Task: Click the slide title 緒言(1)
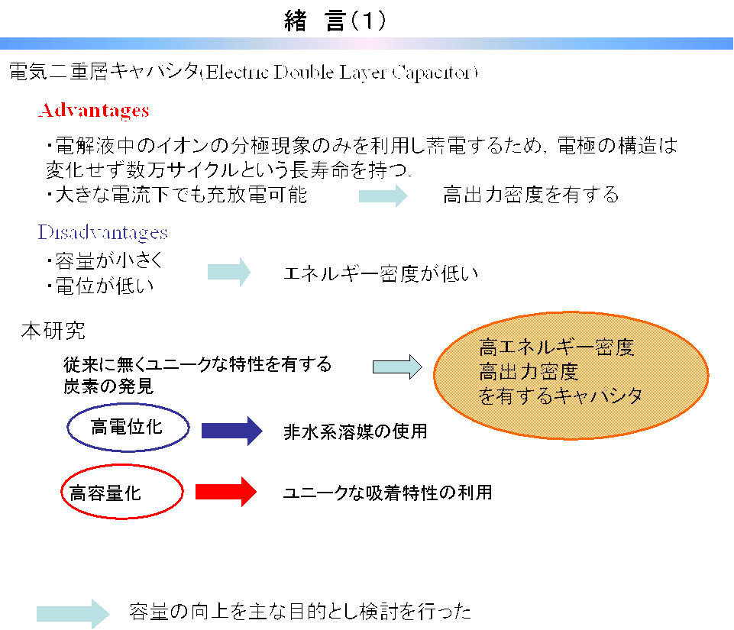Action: pyautogui.click(x=335, y=21)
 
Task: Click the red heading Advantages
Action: pyautogui.click(x=93, y=111)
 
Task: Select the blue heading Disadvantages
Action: pyautogui.click(x=102, y=232)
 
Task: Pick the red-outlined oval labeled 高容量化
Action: pyautogui.click(x=121, y=493)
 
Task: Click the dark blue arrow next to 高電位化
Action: pyautogui.click(x=231, y=431)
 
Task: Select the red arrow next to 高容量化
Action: pyautogui.click(x=226, y=492)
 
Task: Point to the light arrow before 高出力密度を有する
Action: pyautogui.click(x=383, y=195)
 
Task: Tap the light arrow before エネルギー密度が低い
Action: pyautogui.click(x=229, y=272)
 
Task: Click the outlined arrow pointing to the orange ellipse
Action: pyautogui.click(x=397, y=366)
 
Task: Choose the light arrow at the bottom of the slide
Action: pyautogui.click(x=73, y=612)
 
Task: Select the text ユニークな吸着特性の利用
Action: pyautogui.click(x=387, y=493)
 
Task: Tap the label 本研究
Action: pyautogui.click(x=53, y=331)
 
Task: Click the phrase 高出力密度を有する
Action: pyautogui.click(x=531, y=195)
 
